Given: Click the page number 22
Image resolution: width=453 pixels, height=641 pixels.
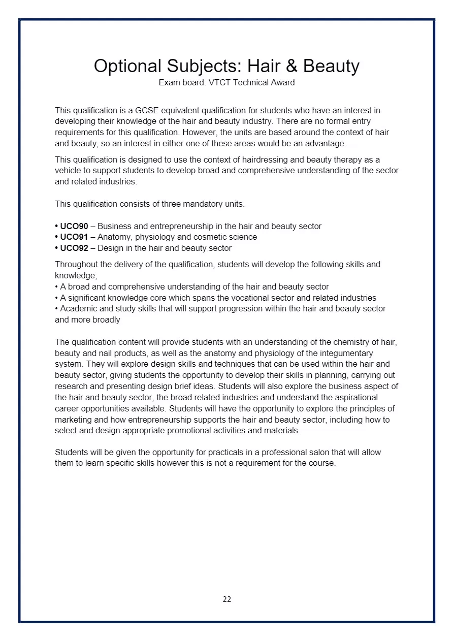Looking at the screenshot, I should (x=226, y=599).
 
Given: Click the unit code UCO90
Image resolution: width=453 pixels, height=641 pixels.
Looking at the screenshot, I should (x=74, y=226).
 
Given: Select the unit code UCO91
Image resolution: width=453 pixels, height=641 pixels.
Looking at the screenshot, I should (x=74, y=237).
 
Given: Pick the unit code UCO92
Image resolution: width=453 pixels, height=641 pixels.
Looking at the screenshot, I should (x=74, y=248).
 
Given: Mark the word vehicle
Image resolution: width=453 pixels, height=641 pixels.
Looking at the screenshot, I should (x=69, y=171).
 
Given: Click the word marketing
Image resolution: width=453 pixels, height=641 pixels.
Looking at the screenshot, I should (x=72, y=420).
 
